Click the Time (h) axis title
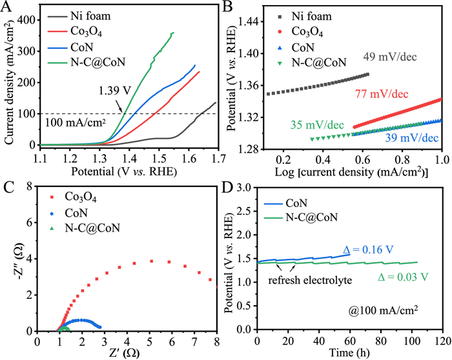[x=349, y=354]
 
